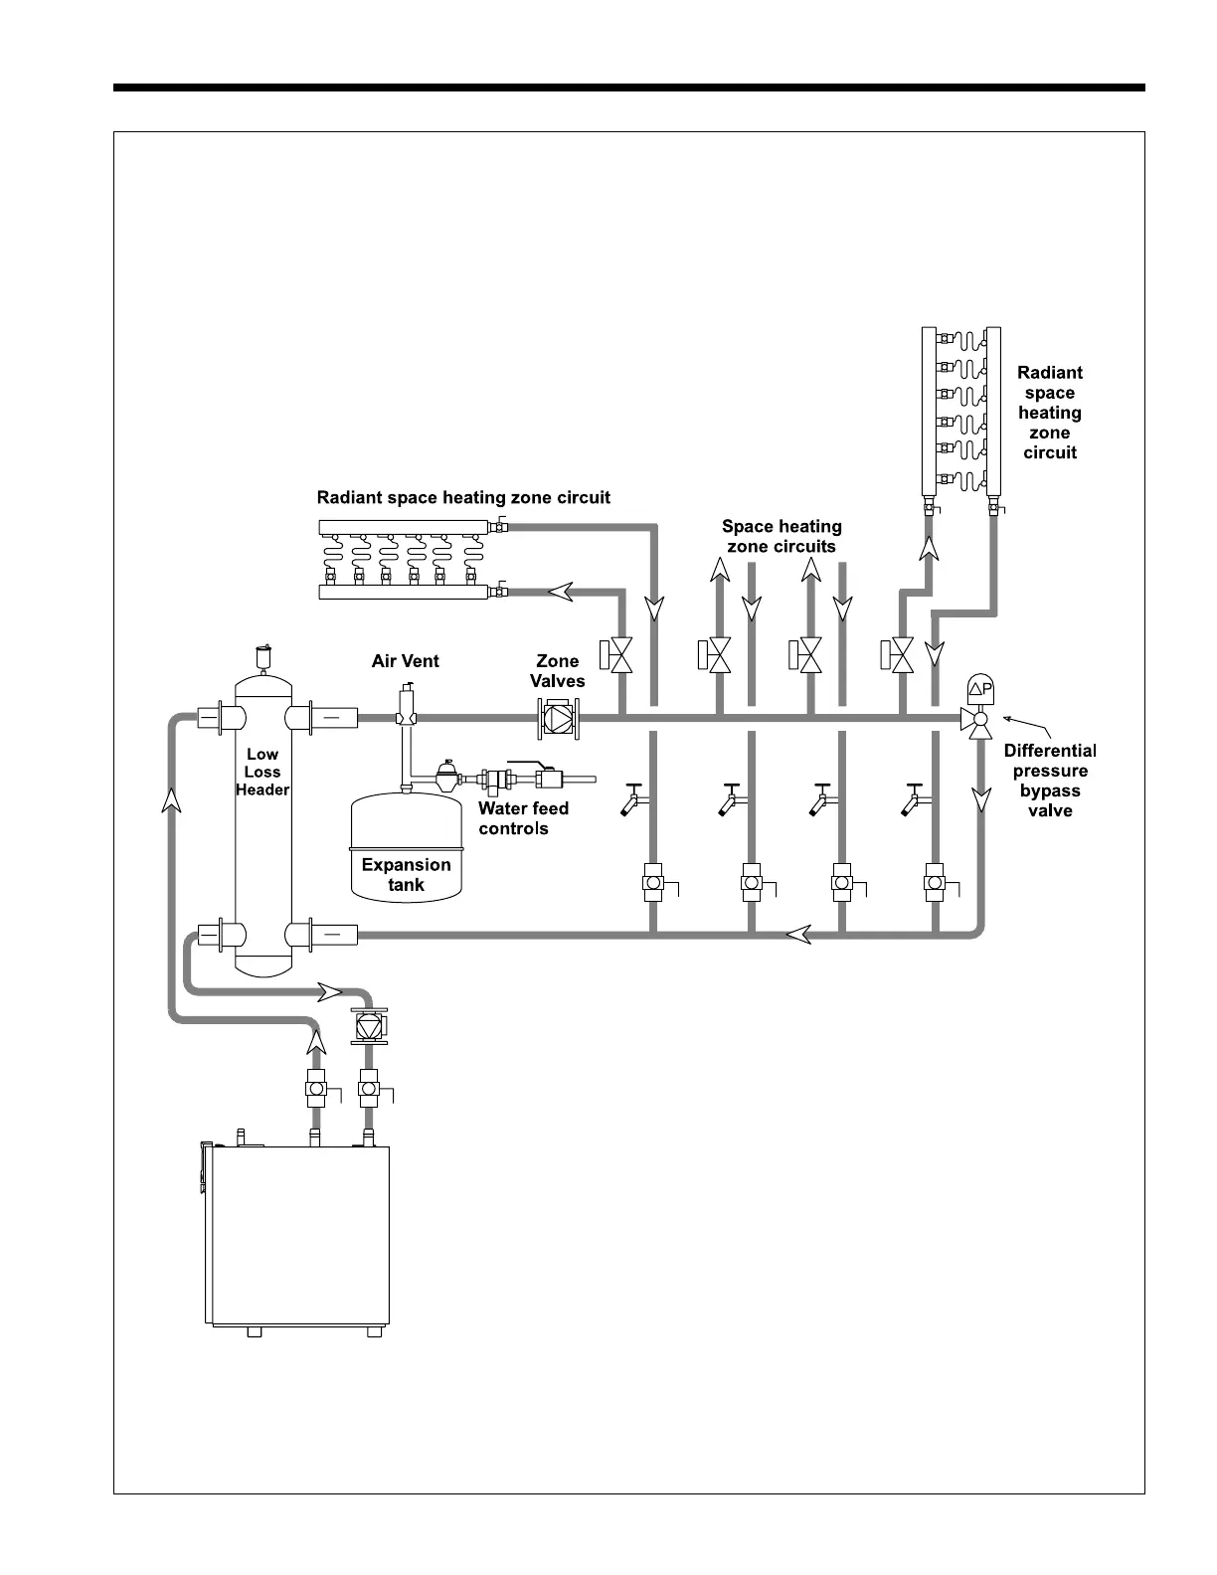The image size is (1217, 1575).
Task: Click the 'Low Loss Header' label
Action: coord(262,772)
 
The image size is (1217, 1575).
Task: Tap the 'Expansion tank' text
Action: coord(406,874)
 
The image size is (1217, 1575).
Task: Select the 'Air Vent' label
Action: coord(405,661)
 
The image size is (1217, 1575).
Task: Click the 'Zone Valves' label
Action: coord(558,671)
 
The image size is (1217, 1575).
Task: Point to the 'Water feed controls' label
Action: coord(523,818)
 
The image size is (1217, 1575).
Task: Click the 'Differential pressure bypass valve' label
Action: coord(1050,781)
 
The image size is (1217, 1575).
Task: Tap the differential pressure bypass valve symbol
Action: coord(979,716)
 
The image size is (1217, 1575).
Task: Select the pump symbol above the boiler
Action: coord(369,1026)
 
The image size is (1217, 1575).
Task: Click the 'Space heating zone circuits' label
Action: coord(782,536)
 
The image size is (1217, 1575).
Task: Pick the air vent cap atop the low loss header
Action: coord(263,657)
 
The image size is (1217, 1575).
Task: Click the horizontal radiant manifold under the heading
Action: coord(407,560)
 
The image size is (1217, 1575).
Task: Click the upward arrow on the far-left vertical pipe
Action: coord(172,798)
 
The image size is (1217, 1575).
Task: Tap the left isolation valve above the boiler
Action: coord(317,1089)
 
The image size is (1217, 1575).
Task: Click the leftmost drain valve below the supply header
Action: coord(632,798)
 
